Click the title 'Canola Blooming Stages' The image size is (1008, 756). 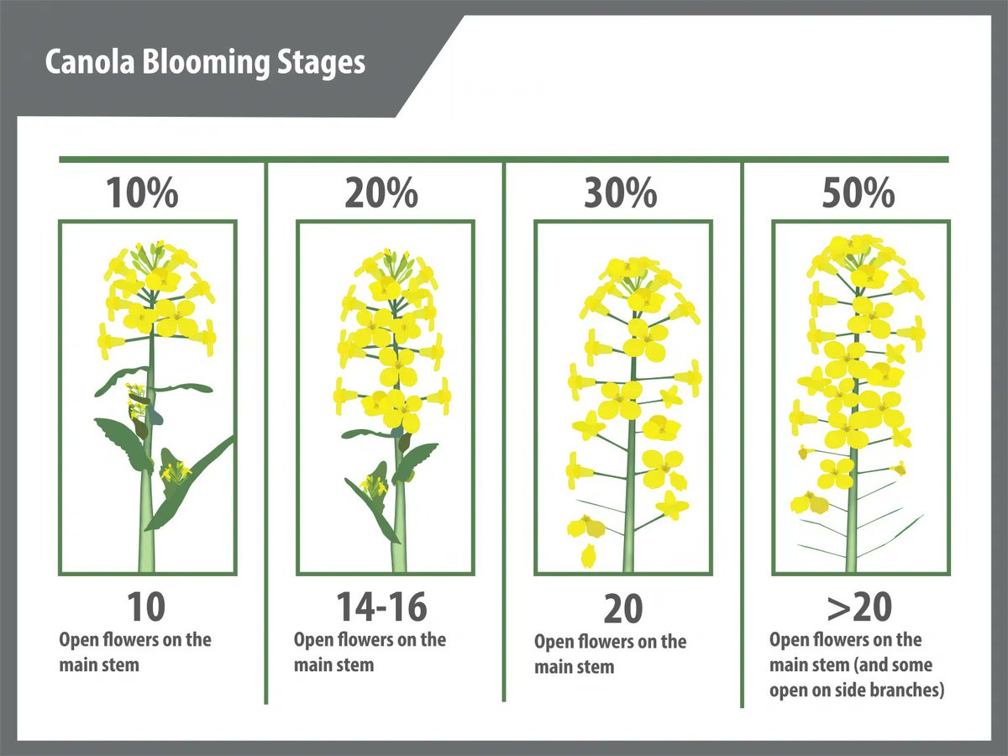click(205, 63)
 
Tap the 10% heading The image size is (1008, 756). click(142, 193)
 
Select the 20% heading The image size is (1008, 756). click(381, 193)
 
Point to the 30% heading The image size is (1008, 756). click(621, 193)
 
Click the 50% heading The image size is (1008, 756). click(858, 193)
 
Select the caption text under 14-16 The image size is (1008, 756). click(370, 652)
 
